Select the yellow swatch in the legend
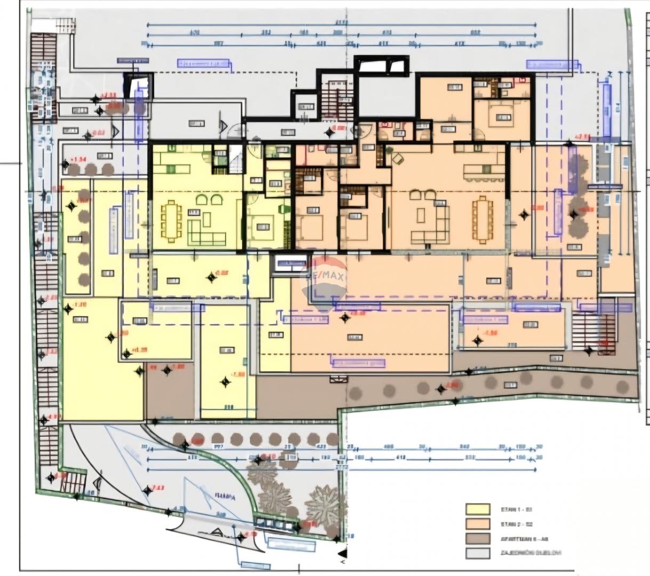pyautogui.click(x=478, y=509)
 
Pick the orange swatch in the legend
pyautogui.click(x=478, y=524)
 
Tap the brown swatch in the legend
pyautogui.click(x=478, y=538)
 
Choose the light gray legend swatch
pyautogui.click(x=478, y=553)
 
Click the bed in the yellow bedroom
pyautogui.click(x=263, y=225)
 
